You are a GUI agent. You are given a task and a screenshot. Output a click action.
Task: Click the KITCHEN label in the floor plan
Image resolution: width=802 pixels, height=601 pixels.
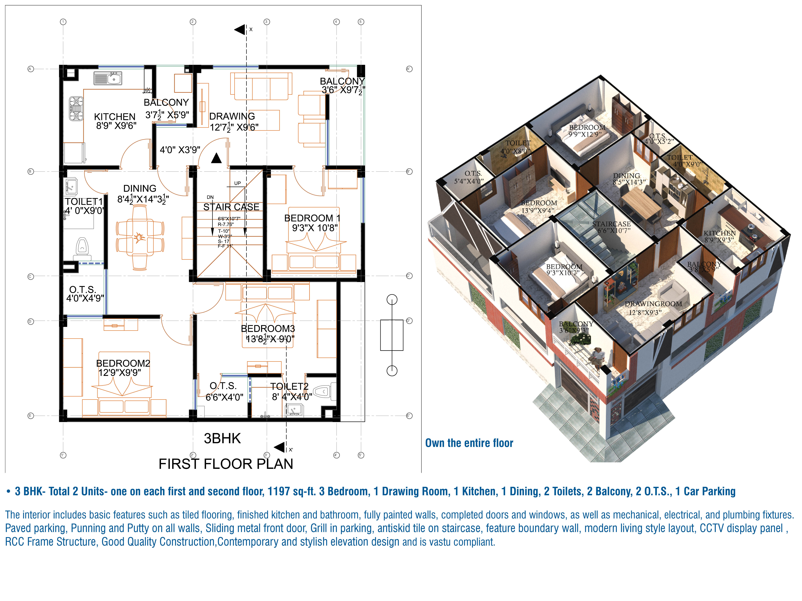coord(115,117)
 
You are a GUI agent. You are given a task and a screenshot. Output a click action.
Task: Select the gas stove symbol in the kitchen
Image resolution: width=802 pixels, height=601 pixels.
coord(76,109)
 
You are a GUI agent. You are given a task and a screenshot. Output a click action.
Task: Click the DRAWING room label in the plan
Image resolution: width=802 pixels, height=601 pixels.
coord(232,116)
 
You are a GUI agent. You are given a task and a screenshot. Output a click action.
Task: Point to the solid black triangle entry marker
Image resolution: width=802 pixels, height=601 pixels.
coord(216,158)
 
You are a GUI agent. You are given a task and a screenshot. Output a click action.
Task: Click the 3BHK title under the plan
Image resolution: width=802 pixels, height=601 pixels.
coord(222,438)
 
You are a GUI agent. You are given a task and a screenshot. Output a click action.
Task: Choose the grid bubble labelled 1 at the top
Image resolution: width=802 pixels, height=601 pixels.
coord(63,22)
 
